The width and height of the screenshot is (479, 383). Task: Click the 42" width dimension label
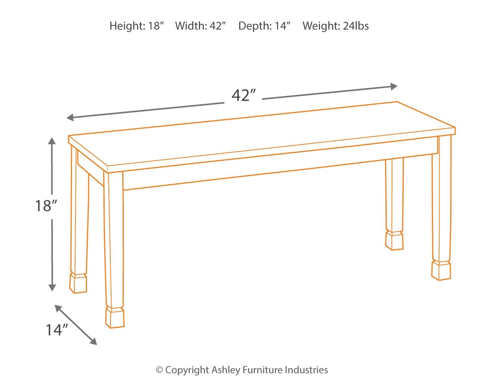tap(243, 95)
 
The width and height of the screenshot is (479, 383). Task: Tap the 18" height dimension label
tap(46, 206)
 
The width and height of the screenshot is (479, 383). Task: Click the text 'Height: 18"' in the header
tap(136, 26)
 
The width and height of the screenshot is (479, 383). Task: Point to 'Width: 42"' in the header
tap(200, 26)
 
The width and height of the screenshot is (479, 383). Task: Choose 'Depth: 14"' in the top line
tap(264, 26)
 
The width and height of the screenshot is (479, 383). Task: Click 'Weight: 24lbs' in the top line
tap(336, 26)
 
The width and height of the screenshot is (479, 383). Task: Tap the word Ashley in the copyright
tap(226, 370)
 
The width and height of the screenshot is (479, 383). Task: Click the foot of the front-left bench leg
tap(115, 318)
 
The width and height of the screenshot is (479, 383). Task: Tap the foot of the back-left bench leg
tap(78, 283)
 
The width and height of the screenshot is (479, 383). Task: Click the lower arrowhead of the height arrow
tap(52, 287)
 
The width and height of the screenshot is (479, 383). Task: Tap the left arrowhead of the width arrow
tap(70, 118)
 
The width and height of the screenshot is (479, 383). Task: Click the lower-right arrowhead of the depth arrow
tap(93, 341)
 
